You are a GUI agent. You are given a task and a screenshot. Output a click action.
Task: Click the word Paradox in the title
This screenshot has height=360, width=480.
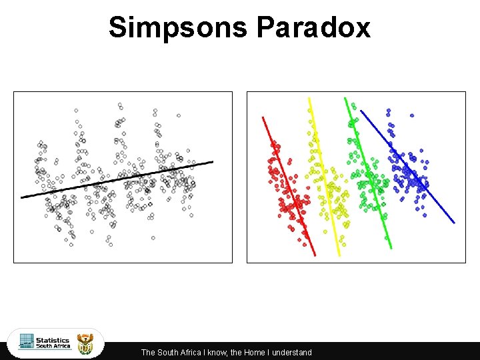click(313, 28)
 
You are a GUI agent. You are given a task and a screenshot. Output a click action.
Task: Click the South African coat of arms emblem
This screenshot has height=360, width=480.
click(87, 344)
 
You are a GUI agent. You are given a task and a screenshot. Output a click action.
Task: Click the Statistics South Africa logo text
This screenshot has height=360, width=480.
click(53, 343)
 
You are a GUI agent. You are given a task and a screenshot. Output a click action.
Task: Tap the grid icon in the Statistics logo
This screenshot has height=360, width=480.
click(27, 341)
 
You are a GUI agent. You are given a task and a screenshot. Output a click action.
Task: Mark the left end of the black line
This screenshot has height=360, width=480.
click(22, 197)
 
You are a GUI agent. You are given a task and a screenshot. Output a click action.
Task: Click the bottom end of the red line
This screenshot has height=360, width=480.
click(314, 254)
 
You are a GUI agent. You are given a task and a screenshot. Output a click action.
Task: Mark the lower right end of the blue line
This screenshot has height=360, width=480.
click(453, 222)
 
